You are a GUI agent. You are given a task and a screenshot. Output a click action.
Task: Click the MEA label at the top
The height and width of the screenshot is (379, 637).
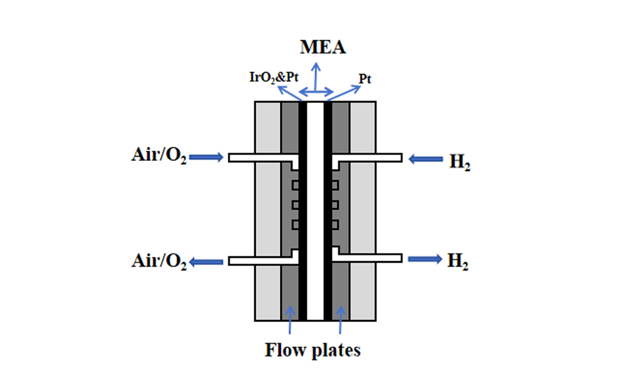point(323,47)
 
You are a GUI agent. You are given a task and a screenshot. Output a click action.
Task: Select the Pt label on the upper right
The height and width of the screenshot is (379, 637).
point(365,79)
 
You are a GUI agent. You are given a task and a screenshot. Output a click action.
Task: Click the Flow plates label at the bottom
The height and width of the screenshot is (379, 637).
point(313,350)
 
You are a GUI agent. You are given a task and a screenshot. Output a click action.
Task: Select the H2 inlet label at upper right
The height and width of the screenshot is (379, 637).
point(460,161)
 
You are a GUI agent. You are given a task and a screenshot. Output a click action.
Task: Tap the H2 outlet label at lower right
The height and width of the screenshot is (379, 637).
point(458,261)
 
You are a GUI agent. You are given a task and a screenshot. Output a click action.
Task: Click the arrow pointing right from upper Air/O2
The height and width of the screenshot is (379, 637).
point(206,157)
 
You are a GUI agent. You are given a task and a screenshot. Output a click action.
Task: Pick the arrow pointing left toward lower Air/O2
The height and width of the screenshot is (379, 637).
point(207,261)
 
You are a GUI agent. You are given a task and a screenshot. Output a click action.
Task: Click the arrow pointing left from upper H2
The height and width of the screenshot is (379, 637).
point(425,158)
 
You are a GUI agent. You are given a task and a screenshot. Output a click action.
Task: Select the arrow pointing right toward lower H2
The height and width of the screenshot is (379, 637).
point(424,259)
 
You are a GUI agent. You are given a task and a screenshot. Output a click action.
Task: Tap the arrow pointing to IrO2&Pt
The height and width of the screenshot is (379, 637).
point(290,92)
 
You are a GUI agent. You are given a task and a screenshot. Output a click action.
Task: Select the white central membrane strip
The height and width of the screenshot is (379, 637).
point(315,212)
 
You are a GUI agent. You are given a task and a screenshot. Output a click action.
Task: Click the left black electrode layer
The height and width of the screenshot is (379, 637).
point(303,212)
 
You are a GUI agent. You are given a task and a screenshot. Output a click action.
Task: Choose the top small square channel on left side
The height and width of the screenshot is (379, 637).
point(296,185)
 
